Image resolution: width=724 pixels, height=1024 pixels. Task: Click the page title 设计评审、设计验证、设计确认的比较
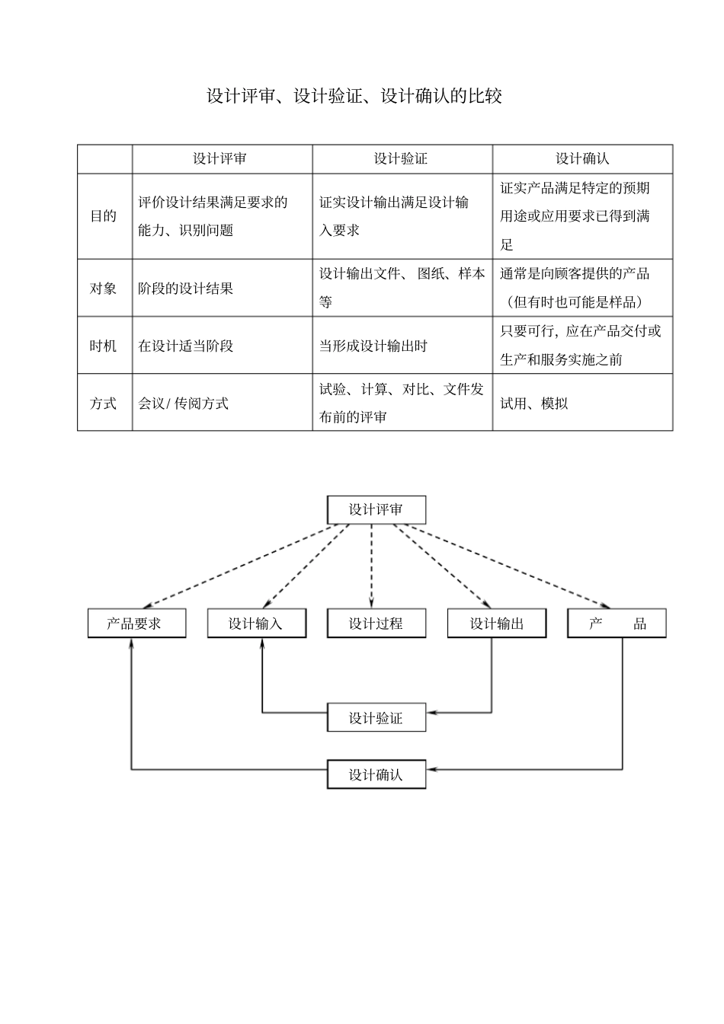tap(354, 96)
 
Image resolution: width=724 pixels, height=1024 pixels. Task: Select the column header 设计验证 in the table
tap(401, 158)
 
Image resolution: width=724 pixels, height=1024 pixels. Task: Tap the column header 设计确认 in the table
tap(581, 158)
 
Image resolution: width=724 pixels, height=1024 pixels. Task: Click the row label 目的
tap(104, 216)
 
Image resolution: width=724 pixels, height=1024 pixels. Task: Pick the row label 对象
tap(104, 289)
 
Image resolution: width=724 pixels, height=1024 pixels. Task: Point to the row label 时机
tap(104, 346)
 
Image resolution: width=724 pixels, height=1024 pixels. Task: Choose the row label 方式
tap(104, 403)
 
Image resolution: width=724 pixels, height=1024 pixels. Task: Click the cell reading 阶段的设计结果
tap(186, 289)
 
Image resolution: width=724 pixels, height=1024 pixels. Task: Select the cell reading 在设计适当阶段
tap(186, 346)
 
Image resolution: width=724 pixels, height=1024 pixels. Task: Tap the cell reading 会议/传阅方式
tap(183, 403)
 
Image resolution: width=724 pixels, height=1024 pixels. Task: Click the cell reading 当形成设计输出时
tap(373, 346)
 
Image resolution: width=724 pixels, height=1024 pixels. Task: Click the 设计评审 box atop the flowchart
tap(376, 509)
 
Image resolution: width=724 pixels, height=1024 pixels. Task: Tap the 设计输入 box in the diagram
tap(256, 624)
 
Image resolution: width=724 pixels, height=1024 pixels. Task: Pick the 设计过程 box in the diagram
tap(376, 624)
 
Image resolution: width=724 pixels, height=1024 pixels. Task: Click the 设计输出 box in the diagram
tap(496, 624)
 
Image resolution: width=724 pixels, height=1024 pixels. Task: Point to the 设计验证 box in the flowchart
tap(376, 718)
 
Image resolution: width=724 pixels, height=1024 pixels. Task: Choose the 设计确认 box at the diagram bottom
tap(376, 774)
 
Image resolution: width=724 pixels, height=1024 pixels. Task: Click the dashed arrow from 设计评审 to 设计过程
tap(371, 567)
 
